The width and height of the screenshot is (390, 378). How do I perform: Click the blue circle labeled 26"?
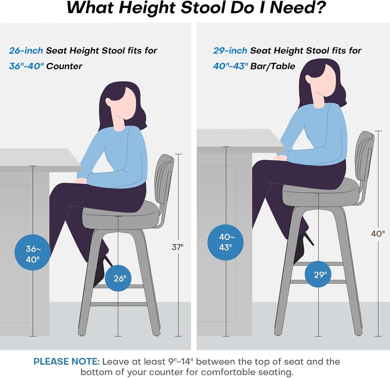(118, 278)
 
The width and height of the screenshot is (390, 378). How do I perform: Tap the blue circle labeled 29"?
(318, 274)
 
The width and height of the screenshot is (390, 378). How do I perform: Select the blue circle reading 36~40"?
(32, 252)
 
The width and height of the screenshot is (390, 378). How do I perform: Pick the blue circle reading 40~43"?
(225, 242)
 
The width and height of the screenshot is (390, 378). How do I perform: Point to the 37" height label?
(177, 247)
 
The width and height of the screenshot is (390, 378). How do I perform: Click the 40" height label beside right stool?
(378, 234)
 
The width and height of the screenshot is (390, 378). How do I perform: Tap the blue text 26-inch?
(26, 50)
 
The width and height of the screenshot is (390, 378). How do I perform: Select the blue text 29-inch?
(230, 50)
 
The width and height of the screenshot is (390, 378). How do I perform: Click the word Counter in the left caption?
(64, 66)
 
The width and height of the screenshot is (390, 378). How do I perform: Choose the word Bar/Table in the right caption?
(273, 66)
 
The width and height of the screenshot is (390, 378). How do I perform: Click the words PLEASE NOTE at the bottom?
(66, 362)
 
